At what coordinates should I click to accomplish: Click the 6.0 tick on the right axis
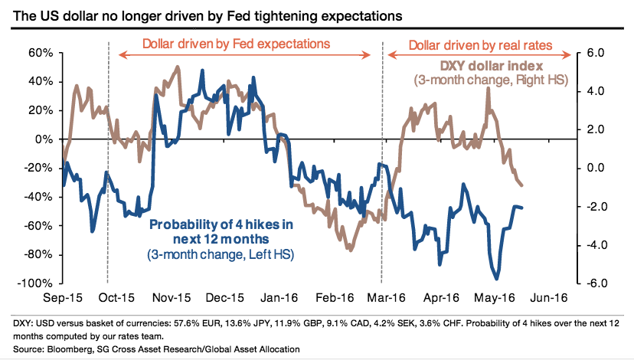pos(596,53)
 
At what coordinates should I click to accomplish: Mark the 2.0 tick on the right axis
pos(596,129)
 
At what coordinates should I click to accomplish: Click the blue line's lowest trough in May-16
pos(496,279)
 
